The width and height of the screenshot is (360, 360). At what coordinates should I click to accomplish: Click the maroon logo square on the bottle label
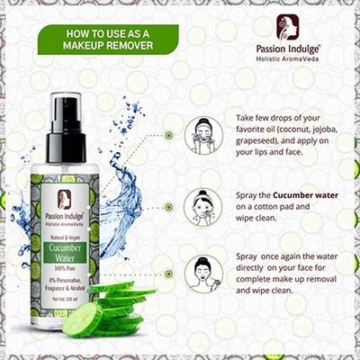tap(65, 200)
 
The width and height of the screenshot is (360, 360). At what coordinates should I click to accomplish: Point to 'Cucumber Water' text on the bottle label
tap(65, 253)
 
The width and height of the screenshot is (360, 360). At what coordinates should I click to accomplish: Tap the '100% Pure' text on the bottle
tap(65, 270)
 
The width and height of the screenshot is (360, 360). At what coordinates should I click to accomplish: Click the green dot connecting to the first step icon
tap(168, 135)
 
